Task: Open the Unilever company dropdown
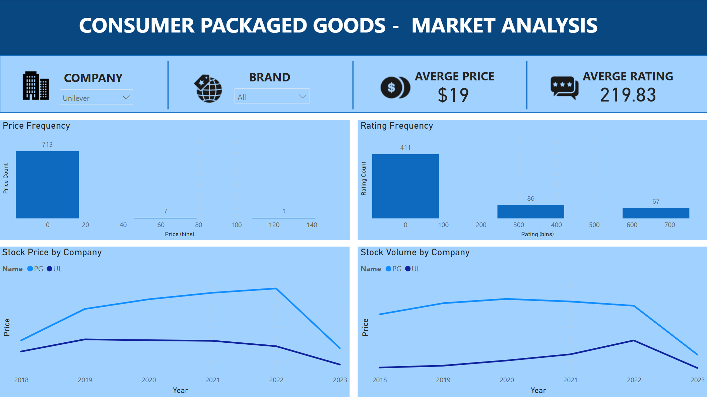(96, 97)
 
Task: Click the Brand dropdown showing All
(271, 96)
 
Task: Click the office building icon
(36, 86)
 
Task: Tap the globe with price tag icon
(208, 88)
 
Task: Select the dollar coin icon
(395, 87)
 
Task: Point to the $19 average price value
(453, 95)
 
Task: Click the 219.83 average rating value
(628, 95)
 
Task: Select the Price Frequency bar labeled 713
(47, 184)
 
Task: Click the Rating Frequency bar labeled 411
(405, 186)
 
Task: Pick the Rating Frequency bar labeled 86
(530, 211)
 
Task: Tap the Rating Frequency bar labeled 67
(656, 213)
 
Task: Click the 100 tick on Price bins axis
(236, 225)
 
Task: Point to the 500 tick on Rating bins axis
(594, 225)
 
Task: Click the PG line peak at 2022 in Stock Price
(276, 288)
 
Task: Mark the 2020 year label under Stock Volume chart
(507, 380)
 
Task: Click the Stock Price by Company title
(52, 252)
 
